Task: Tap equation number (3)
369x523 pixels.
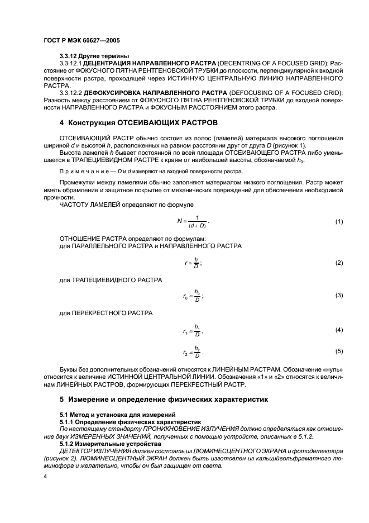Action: click(x=339, y=294)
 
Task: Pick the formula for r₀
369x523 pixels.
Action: click(x=193, y=294)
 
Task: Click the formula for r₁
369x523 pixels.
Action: click(x=193, y=331)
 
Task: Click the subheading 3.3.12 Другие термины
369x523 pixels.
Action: click(x=94, y=56)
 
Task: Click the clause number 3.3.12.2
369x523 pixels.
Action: click(x=70, y=93)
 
